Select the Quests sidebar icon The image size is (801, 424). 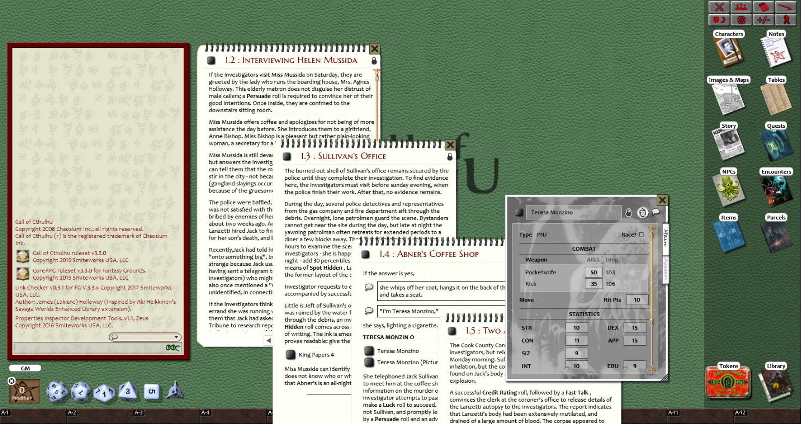point(776,145)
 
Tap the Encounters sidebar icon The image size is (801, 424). point(776,190)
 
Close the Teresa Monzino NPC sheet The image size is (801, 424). point(662,200)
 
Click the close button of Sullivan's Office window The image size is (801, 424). point(450,145)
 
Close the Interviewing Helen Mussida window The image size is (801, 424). point(375,49)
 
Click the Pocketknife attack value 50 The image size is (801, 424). point(594,273)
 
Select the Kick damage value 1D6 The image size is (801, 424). point(610,284)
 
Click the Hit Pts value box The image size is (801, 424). point(637,300)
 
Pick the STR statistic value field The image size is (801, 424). point(576,328)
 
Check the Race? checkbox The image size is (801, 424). point(641,234)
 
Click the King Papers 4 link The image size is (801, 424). point(316,355)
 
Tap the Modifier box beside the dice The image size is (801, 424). point(24,391)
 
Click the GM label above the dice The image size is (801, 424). point(25,368)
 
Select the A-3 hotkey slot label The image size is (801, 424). point(139,412)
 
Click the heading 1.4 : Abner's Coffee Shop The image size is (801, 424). point(429,254)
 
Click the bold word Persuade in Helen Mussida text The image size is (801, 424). point(259,96)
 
